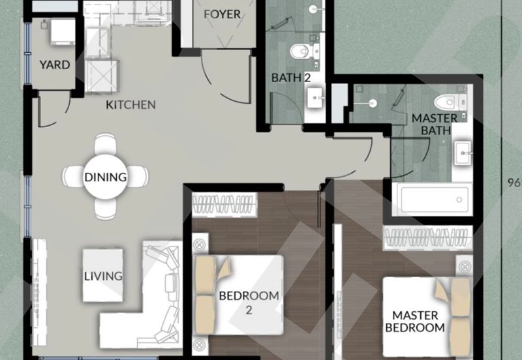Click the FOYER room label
tap(222, 14)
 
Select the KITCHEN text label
tap(131, 104)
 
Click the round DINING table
tap(104, 175)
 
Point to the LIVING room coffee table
tap(103, 275)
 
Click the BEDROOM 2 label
tap(249, 302)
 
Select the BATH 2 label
tap(290, 78)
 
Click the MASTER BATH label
tap(433, 126)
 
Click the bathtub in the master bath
tap(435, 198)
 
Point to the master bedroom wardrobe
tap(428, 236)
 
